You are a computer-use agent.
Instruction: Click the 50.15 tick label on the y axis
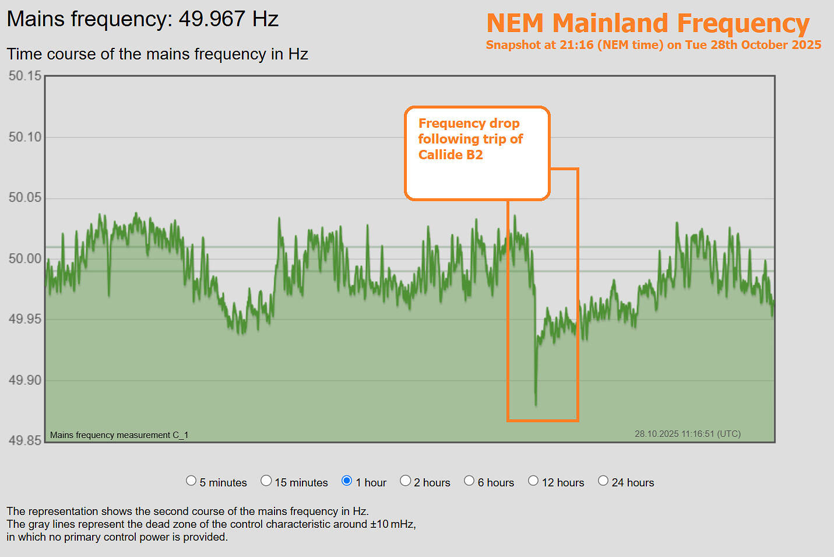point(25,76)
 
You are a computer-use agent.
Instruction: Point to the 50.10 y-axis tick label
point(25,137)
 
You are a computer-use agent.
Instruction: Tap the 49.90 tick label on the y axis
point(25,380)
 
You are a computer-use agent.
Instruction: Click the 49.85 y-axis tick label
point(25,440)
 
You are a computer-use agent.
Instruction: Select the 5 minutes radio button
point(191,481)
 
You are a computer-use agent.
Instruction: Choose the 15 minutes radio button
point(266,481)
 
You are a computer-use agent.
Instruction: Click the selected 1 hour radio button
point(347,481)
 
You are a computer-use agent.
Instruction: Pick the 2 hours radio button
point(406,481)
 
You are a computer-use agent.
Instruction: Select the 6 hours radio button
point(469,481)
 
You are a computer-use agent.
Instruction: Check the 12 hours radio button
point(533,481)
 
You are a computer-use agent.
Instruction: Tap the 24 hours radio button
point(603,481)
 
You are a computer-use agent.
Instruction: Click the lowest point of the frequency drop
point(536,404)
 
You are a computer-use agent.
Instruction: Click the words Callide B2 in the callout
point(451,155)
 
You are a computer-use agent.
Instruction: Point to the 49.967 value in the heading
point(212,19)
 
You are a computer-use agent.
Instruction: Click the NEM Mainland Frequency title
point(648,24)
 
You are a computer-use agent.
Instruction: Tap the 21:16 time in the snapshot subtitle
point(576,45)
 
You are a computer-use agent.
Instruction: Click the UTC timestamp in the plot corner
point(687,434)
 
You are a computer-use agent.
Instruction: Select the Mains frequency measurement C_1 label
point(119,435)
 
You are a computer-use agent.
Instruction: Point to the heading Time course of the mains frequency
point(157,54)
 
